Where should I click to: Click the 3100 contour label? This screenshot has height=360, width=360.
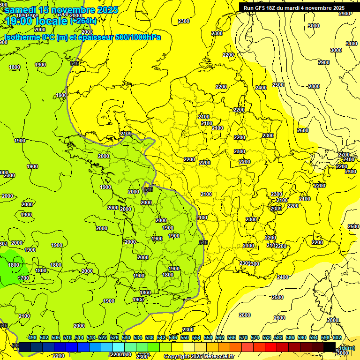click(x=351, y=44)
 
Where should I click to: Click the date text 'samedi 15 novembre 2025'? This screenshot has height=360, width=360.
click(x=61, y=10)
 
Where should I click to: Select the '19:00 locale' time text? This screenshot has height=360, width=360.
click(x=36, y=21)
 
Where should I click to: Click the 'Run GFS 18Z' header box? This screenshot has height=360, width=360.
click(x=293, y=7)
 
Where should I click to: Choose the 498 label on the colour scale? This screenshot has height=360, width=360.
click(x=32, y=337)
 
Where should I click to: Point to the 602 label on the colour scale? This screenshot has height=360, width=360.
click(x=337, y=337)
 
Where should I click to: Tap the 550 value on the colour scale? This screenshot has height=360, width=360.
click(x=184, y=337)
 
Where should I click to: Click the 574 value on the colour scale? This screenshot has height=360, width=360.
click(x=255, y=337)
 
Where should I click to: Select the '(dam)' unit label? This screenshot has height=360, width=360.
click(x=347, y=347)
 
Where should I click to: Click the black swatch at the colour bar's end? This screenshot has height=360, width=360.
click(x=329, y=347)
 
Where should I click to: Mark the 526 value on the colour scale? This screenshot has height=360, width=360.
click(x=114, y=337)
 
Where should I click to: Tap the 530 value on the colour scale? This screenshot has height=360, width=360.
click(x=126, y=337)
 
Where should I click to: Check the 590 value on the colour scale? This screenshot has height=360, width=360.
click(x=301, y=337)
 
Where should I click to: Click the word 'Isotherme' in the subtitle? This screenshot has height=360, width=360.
click(x=22, y=37)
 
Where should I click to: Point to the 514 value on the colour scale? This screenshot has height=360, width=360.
click(x=79, y=337)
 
